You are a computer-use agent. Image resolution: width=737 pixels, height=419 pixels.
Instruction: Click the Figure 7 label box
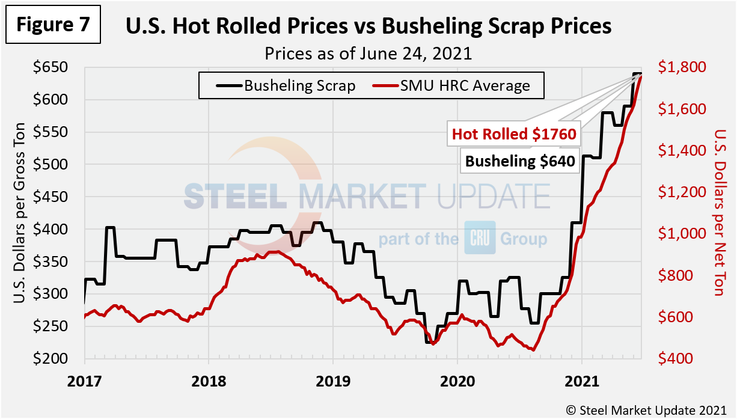53,25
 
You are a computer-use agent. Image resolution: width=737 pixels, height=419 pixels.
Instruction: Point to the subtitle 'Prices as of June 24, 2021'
368,53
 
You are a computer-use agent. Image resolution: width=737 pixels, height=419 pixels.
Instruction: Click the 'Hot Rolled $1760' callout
514,134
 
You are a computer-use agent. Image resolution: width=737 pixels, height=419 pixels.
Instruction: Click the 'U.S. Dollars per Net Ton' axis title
716,212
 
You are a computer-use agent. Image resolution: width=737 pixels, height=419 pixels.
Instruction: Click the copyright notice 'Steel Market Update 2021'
648,409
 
